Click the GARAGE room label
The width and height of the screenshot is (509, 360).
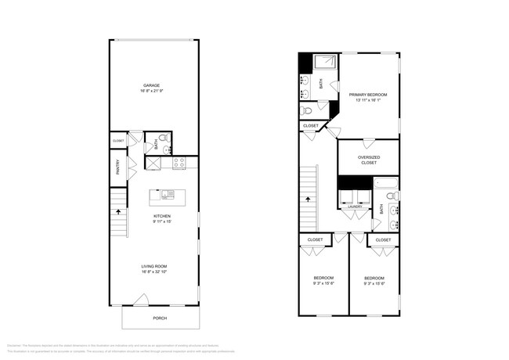pos(152,85)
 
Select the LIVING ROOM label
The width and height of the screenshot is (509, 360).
pos(154,266)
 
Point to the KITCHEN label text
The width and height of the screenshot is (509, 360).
pos(162,216)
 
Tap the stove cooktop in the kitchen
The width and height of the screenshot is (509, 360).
pos(179,164)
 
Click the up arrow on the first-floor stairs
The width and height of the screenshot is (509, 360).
pos(118,211)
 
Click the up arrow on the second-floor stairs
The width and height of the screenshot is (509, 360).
pos(309,199)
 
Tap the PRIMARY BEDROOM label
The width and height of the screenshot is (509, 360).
pos(368,94)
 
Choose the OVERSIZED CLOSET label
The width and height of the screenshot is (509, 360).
pos(369,160)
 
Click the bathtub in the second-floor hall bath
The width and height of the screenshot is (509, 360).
pos(384,185)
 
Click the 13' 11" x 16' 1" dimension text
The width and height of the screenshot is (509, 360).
pos(368,99)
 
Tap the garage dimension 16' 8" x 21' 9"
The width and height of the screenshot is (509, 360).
pos(152,90)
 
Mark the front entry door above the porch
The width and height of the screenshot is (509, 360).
pos(141,300)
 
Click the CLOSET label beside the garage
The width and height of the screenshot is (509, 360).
pos(118,141)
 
